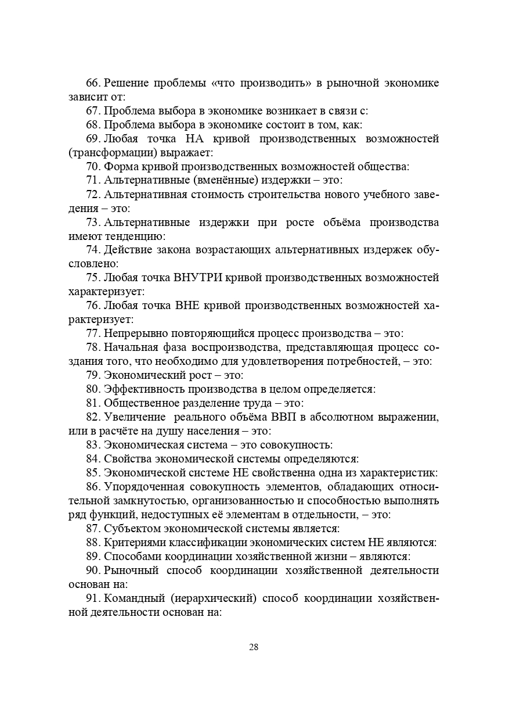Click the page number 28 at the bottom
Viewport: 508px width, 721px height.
click(x=254, y=647)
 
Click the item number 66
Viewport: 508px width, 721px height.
click(x=92, y=83)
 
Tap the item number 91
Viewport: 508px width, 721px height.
click(x=92, y=599)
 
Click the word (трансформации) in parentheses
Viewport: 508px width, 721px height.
click(x=109, y=153)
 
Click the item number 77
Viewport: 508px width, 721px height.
click(x=92, y=333)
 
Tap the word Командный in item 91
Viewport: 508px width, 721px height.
click(x=131, y=599)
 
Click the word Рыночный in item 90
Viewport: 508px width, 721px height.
click(x=128, y=571)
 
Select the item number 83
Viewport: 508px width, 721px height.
click(x=92, y=445)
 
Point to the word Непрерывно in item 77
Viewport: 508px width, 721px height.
click(x=133, y=333)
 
